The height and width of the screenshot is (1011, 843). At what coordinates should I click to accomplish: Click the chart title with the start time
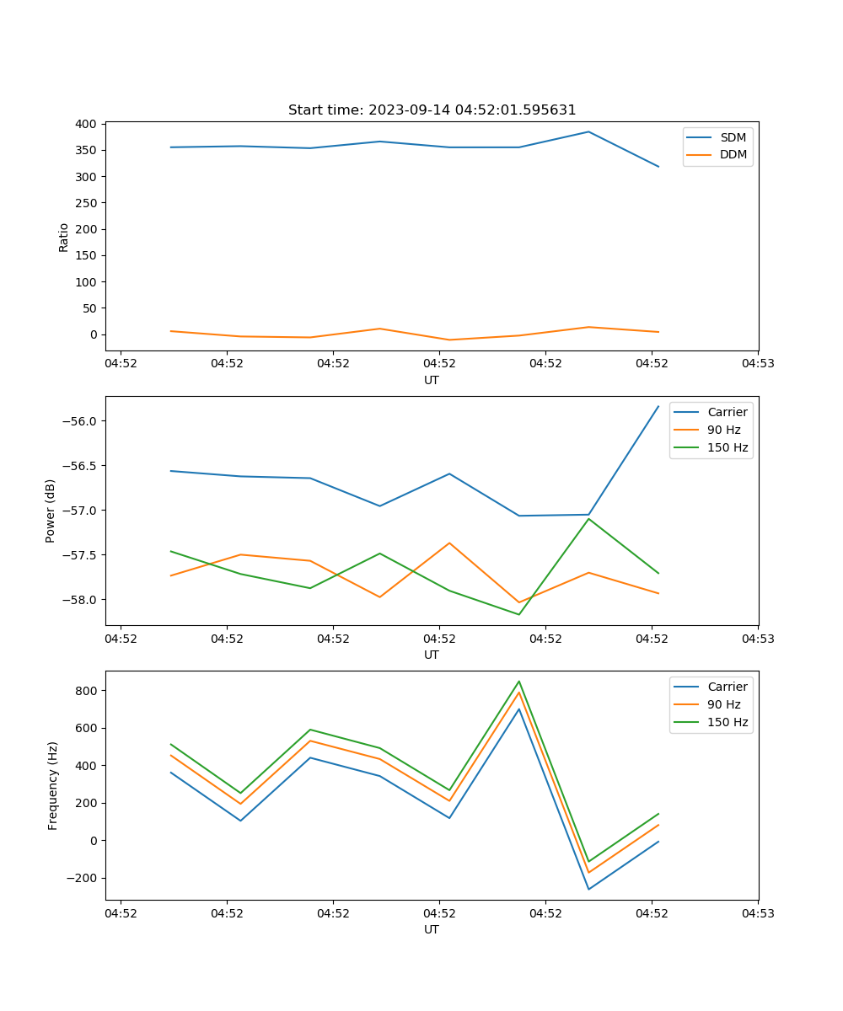pos(432,110)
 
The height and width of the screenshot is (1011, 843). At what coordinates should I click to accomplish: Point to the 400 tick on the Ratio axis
pos(85,124)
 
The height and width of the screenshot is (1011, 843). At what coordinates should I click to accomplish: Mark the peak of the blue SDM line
pos(588,131)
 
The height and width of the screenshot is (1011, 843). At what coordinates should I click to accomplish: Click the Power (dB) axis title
pos(51,511)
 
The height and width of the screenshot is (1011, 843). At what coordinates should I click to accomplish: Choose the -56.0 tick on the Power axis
pos(81,421)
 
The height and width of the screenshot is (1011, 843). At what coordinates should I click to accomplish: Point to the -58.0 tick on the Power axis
pos(81,600)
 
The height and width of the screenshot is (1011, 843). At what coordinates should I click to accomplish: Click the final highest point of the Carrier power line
pos(658,407)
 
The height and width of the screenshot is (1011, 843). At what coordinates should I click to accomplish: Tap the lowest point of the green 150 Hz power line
pos(518,614)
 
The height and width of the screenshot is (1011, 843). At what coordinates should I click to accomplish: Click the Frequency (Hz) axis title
pos(52,785)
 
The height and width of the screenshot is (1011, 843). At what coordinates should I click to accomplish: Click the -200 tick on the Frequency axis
pos(82,878)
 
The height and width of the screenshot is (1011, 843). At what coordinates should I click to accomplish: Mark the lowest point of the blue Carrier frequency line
pos(588,889)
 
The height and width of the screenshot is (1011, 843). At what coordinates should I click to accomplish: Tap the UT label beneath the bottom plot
pos(432,929)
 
